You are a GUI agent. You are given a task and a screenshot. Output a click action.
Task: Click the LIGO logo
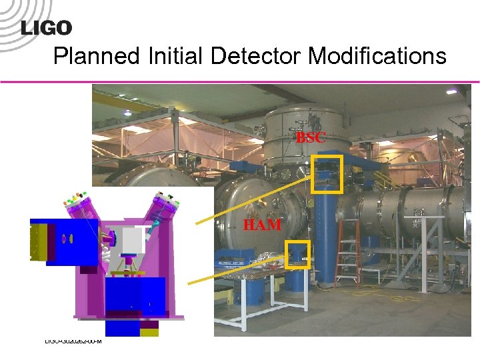point(47,27)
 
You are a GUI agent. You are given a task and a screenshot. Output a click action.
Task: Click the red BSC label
point(311,138)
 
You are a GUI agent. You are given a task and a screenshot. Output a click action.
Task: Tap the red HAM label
point(262,225)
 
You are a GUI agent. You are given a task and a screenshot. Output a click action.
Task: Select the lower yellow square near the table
point(297,254)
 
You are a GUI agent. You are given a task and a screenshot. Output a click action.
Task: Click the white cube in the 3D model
point(131,240)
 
